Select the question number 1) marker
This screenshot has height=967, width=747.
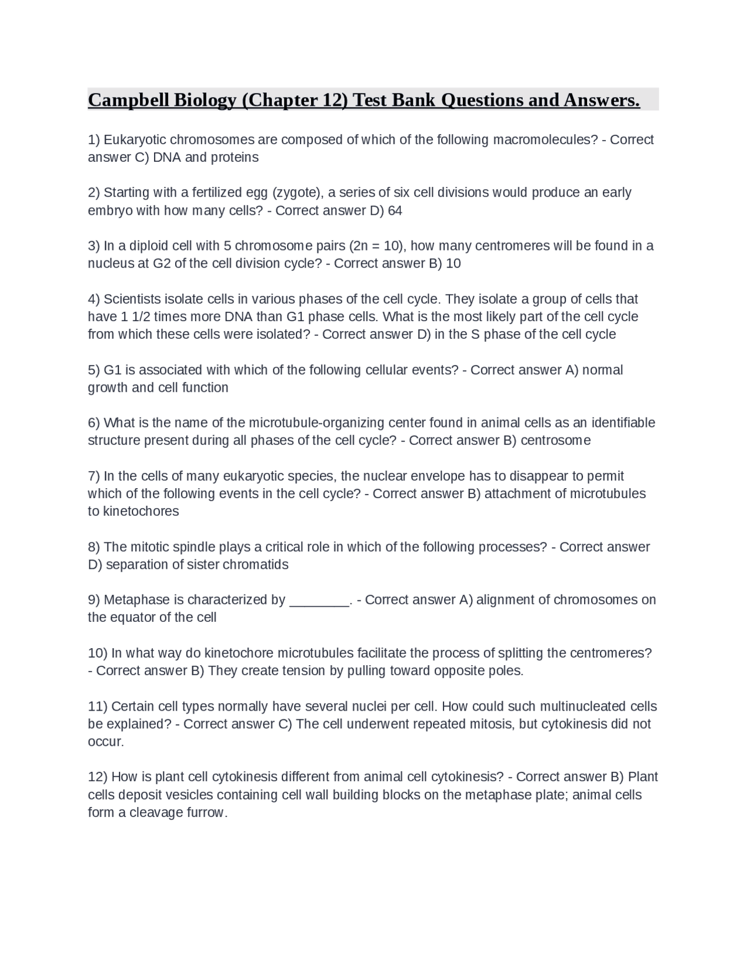[94, 140]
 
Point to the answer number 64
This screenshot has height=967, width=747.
[395, 210]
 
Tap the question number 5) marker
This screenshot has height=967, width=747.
[94, 370]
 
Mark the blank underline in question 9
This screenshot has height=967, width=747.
[319, 600]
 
